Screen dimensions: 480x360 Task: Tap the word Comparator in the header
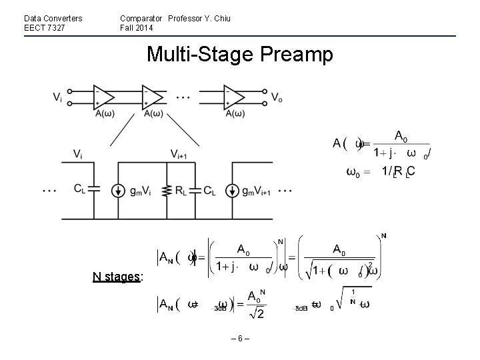coord(141,18)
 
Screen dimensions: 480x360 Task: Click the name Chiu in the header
coord(221,18)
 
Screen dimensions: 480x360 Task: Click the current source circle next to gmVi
coord(118,189)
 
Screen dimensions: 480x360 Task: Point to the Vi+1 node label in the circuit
coord(179,154)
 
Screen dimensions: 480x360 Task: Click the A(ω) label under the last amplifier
coord(234,113)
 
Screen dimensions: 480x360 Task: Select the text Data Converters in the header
coord(53,18)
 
